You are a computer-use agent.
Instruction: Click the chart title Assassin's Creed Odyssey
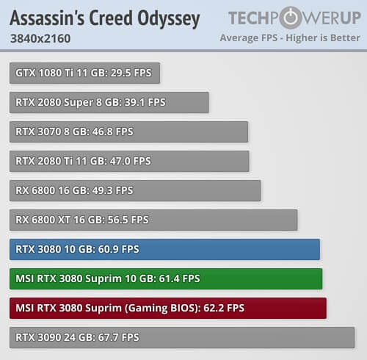pyautogui.click(x=105, y=18)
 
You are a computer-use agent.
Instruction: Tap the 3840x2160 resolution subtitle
pyautogui.click(x=40, y=38)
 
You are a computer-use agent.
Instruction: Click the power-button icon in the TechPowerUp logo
pyautogui.click(x=291, y=18)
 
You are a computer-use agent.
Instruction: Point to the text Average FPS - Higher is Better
pyautogui.click(x=290, y=37)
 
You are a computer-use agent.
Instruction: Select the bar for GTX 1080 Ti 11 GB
pyautogui.click(x=84, y=73)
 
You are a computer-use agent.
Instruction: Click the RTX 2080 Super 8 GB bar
pyautogui.click(x=109, y=102)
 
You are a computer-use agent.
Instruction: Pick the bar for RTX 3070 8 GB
pyautogui.click(x=128, y=132)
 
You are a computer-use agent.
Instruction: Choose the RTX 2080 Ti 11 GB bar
pyautogui.click(x=129, y=161)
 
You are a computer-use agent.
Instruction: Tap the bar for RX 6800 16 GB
pyautogui.click(x=135, y=190)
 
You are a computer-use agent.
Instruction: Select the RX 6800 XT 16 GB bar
pyautogui.click(x=153, y=220)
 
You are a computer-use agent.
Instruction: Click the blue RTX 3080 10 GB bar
pyautogui.click(x=164, y=249)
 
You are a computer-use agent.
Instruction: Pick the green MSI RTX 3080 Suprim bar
pyautogui.click(x=166, y=278)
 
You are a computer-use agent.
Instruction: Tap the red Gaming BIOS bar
pyautogui.click(x=168, y=308)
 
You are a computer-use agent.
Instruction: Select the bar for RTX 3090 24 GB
pyautogui.click(x=182, y=337)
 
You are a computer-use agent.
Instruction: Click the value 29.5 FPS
pyautogui.click(x=131, y=73)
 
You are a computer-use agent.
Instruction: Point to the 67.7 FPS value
pyautogui.click(x=119, y=337)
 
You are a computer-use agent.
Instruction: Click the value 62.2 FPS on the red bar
pyautogui.click(x=224, y=308)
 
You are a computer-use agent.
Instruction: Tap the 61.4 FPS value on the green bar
pyautogui.click(x=179, y=278)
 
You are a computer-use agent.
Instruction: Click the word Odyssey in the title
pyautogui.click(x=169, y=19)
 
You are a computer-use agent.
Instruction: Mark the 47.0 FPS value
pyautogui.click(x=131, y=161)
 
